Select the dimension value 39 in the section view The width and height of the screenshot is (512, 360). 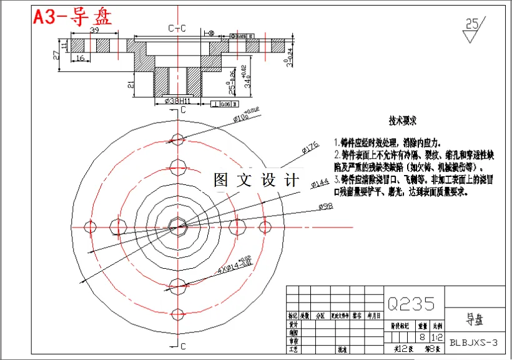pos(95,31)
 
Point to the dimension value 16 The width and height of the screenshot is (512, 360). pos(79,58)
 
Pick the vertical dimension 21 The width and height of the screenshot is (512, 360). pos(130,84)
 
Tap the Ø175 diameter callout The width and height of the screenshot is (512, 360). pos(310,148)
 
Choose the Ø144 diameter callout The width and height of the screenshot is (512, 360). pos(320,183)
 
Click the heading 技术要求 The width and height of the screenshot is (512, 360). pos(403,120)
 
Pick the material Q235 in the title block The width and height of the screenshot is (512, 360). pos(411,304)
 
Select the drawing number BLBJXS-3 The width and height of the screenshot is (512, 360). pos(474,342)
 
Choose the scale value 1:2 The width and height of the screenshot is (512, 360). pos(437,337)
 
